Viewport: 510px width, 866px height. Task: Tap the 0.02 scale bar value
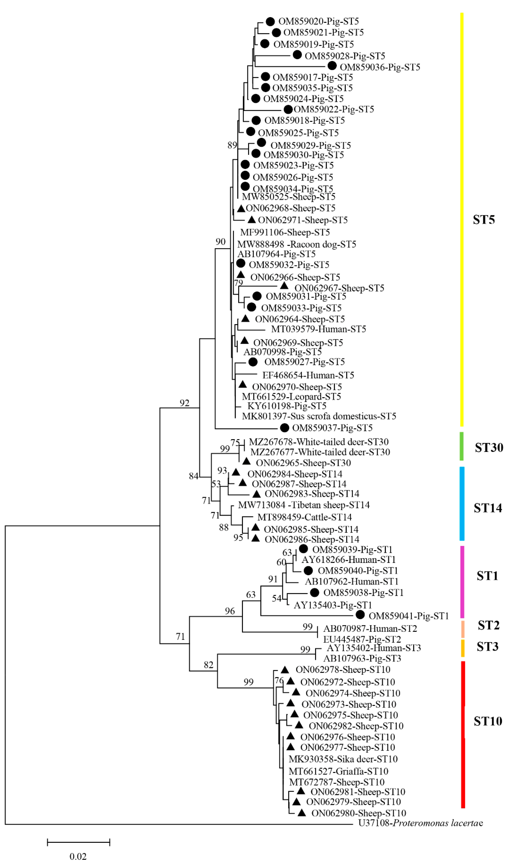click(78, 856)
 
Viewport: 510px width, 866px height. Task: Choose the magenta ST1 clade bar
click(462, 582)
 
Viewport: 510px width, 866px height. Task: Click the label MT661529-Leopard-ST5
click(291, 396)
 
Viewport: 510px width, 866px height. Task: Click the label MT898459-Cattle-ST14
click(305, 517)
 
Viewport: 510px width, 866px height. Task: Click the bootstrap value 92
click(185, 403)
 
